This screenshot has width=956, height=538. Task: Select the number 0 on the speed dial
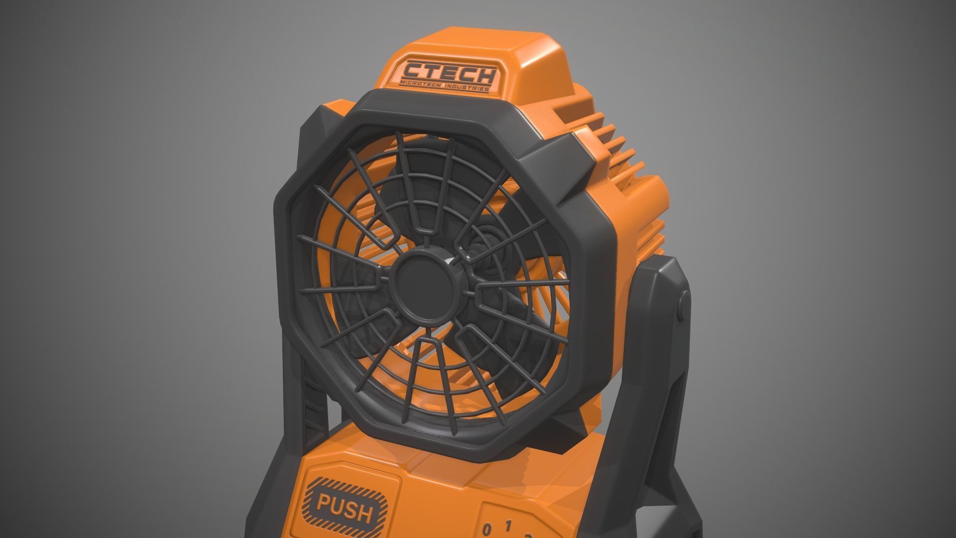(x=488, y=529)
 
